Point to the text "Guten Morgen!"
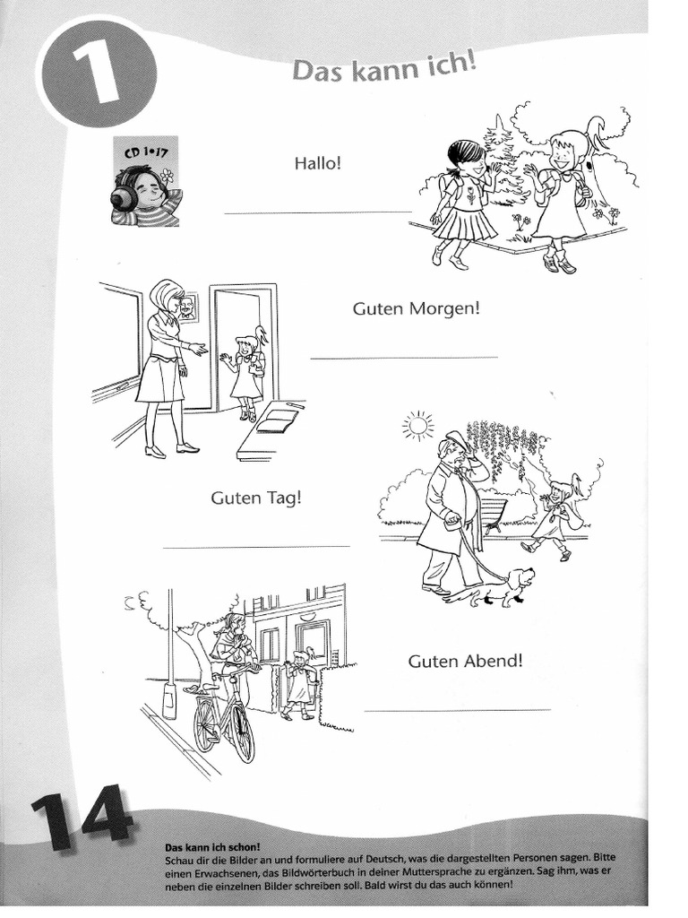pos(417,308)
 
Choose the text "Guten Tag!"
pos(255,498)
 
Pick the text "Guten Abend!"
pos(465,662)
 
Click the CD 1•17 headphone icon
pos(145,182)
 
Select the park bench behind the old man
pos(493,513)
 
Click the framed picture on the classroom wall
pos(187,308)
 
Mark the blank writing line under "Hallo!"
pos(317,212)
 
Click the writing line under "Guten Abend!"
pos(458,710)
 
